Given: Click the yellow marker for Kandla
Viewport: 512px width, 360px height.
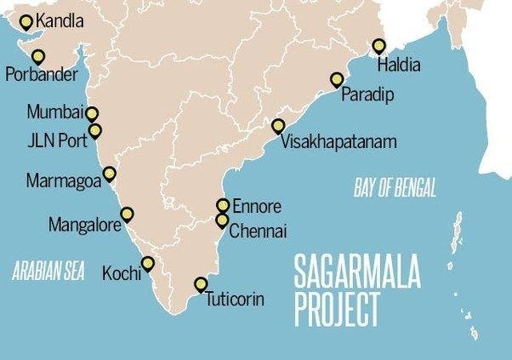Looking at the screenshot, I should click(26, 21).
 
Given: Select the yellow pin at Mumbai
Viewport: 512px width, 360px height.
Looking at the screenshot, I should click(92, 112).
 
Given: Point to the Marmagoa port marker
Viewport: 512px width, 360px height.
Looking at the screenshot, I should click(109, 174).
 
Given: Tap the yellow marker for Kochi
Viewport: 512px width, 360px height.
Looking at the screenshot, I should click(148, 263).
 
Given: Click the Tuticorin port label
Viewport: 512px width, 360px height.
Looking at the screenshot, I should click(235, 299).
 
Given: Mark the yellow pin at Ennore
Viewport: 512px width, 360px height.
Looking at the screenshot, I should click(223, 205).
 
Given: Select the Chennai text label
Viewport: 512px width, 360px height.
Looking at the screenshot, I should click(259, 230).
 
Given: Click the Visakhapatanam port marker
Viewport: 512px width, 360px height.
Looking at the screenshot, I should click(278, 125).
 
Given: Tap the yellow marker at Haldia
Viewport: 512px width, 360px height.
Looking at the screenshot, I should click(379, 45).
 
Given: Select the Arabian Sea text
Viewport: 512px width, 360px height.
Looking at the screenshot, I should click(50, 272).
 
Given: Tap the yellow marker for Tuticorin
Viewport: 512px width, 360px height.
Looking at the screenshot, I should click(202, 283).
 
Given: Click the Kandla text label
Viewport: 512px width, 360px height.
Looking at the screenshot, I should click(61, 19).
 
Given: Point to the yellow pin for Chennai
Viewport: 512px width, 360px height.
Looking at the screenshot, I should click(222, 220).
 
